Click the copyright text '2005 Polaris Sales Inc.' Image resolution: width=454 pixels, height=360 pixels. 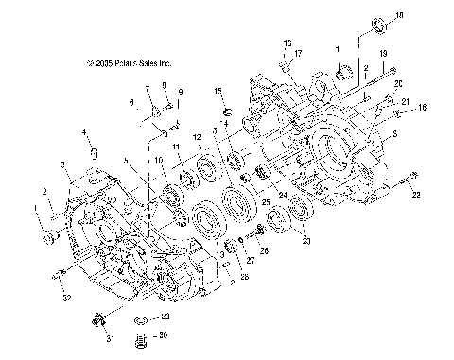(129, 64)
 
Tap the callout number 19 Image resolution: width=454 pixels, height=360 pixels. (383, 54)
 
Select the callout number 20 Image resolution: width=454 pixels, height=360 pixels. (397, 84)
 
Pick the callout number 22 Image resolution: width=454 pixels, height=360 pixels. (414, 196)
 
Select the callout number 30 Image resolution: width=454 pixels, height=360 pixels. (165, 334)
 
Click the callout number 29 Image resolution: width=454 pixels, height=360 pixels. (165, 317)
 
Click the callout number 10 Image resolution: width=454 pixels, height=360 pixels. (160, 161)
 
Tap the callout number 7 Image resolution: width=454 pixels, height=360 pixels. (148, 88)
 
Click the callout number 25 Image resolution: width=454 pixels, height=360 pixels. (266, 202)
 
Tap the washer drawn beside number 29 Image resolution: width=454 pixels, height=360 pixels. (144, 317)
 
